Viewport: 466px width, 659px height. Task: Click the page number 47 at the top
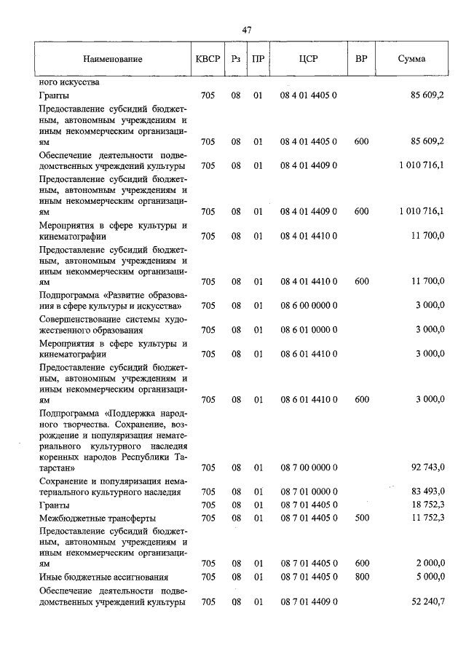[x=246, y=30]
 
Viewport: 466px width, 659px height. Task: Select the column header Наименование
[x=112, y=59]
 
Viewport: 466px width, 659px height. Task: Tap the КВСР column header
[x=208, y=59]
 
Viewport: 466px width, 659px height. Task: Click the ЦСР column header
[x=308, y=59]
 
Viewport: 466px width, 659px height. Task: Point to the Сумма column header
[x=411, y=59]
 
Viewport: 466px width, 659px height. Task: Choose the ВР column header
[x=361, y=59]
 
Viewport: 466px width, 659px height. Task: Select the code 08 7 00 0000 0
[x=308, y=467]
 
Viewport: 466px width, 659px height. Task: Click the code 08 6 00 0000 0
[x=308, y=306]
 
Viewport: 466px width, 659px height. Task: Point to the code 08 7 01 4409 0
[x=308, y=602]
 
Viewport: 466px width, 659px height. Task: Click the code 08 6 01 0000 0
[x=308, y=330]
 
